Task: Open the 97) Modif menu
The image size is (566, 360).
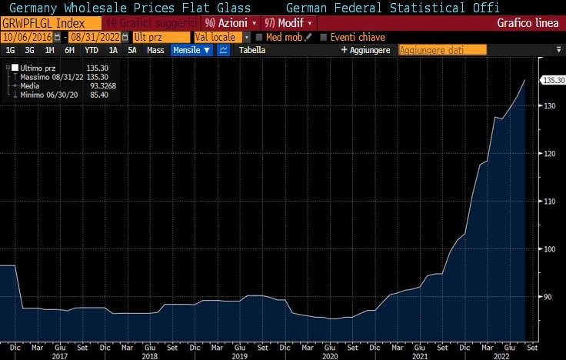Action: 288,23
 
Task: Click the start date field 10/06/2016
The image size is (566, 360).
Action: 28,37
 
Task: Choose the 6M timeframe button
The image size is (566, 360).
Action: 69,50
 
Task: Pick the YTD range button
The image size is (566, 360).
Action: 91,50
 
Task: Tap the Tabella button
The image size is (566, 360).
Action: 252,50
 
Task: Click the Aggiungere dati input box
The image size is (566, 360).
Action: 442,50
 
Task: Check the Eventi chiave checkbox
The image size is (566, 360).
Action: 323,37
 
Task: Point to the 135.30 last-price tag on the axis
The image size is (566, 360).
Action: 553,80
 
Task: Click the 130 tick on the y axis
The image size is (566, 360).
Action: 549,105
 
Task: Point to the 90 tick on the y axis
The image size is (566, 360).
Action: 548,297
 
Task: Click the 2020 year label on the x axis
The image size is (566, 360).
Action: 329,356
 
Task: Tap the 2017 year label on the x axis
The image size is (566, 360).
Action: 60,356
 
